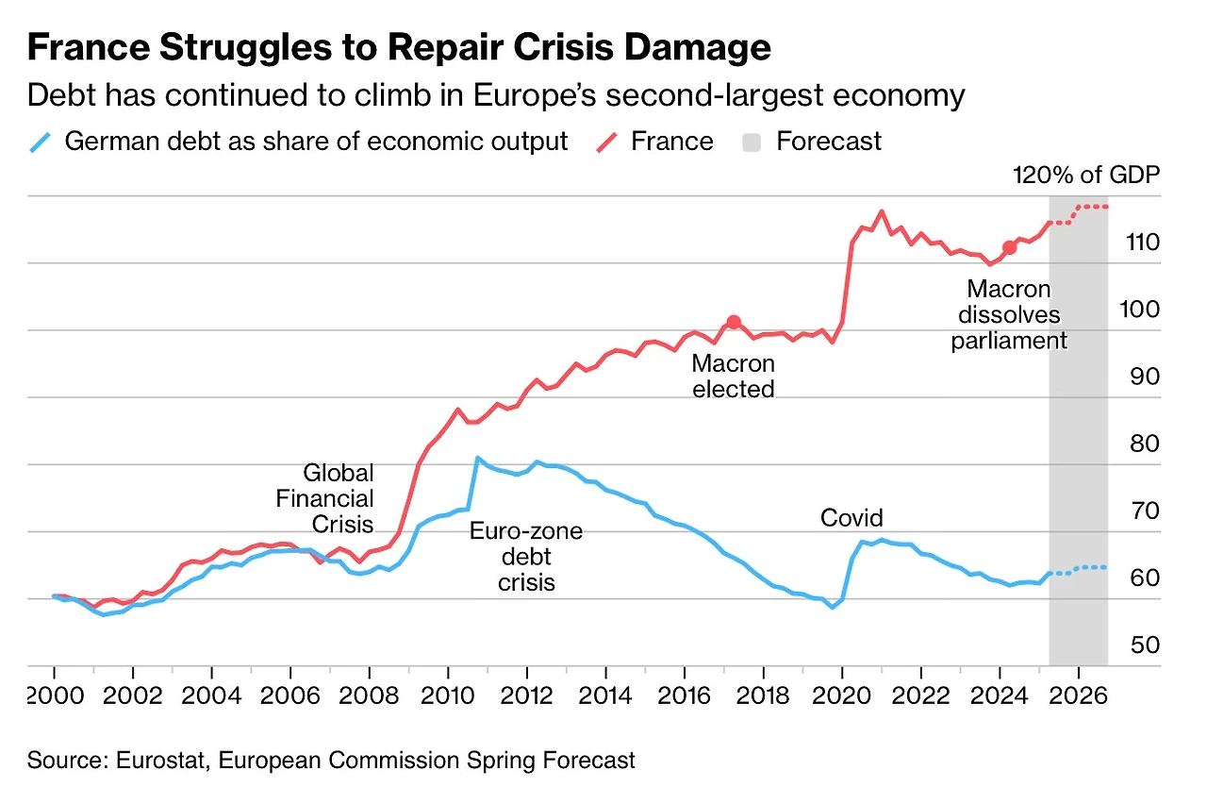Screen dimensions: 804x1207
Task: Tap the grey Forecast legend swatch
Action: [x=752, y=142]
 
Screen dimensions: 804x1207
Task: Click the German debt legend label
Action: [x=316, y=142]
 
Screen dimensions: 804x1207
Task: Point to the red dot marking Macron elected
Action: [x=734, y=322]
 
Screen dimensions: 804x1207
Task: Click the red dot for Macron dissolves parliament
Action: [x=1009, y=247]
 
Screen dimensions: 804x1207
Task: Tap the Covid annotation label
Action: [x=852, y=517]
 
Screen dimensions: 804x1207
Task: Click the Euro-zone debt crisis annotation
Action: [x=526, y=557]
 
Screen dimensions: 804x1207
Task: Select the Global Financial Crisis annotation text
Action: [x=325, y=498]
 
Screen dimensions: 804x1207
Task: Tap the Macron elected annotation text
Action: [x=734, y=376]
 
